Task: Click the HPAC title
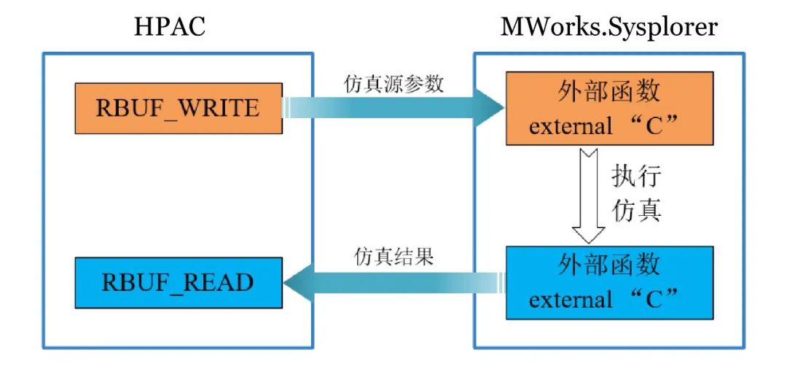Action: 170,27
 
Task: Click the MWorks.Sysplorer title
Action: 608,27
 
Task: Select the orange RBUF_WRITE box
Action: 178,108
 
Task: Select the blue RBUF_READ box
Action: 178,282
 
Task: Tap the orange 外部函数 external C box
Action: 609,108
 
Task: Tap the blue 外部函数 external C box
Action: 609,282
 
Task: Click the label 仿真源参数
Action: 393,84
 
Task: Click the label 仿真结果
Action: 394,257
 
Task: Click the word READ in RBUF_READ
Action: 220,282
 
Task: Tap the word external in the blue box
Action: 571,300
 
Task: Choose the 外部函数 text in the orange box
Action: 609,92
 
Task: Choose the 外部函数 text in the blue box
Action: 609,265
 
